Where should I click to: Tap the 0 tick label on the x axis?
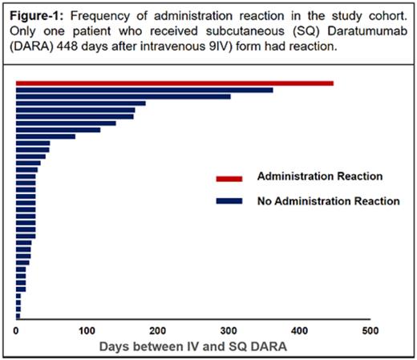point(16,330)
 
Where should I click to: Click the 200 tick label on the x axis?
point(158,330)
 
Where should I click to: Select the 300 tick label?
point(229,330)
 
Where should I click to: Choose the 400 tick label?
point(299,330)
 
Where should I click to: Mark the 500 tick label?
point(370,330)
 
